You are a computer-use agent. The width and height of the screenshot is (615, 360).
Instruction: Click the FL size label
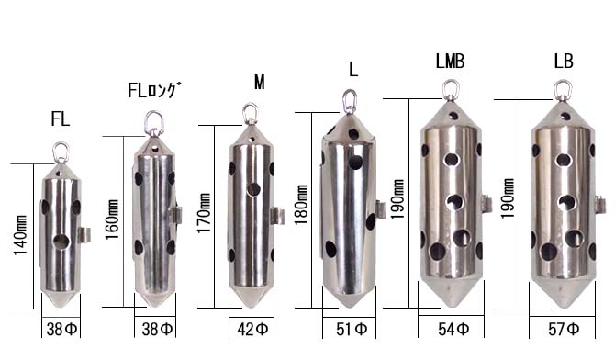[x=61, y=119]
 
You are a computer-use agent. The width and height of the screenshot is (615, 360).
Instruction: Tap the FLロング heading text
[x=154, y=90]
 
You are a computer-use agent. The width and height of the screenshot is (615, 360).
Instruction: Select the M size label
[x=259, y=82]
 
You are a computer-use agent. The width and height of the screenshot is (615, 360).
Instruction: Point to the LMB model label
[x=450, y=61]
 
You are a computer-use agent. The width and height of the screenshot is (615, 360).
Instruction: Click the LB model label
[x=564, y=61]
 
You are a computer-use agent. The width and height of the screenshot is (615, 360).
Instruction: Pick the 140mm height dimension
[x=20, y=235]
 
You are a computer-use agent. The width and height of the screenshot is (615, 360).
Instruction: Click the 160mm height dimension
[x=112, y=219]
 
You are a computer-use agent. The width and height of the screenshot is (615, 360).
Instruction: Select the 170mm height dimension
[x=204, y=213]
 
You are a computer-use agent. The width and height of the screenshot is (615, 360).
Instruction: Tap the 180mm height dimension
[x=301, y=205]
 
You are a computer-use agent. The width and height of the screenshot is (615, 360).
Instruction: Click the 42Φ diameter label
[x=252, y=329]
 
